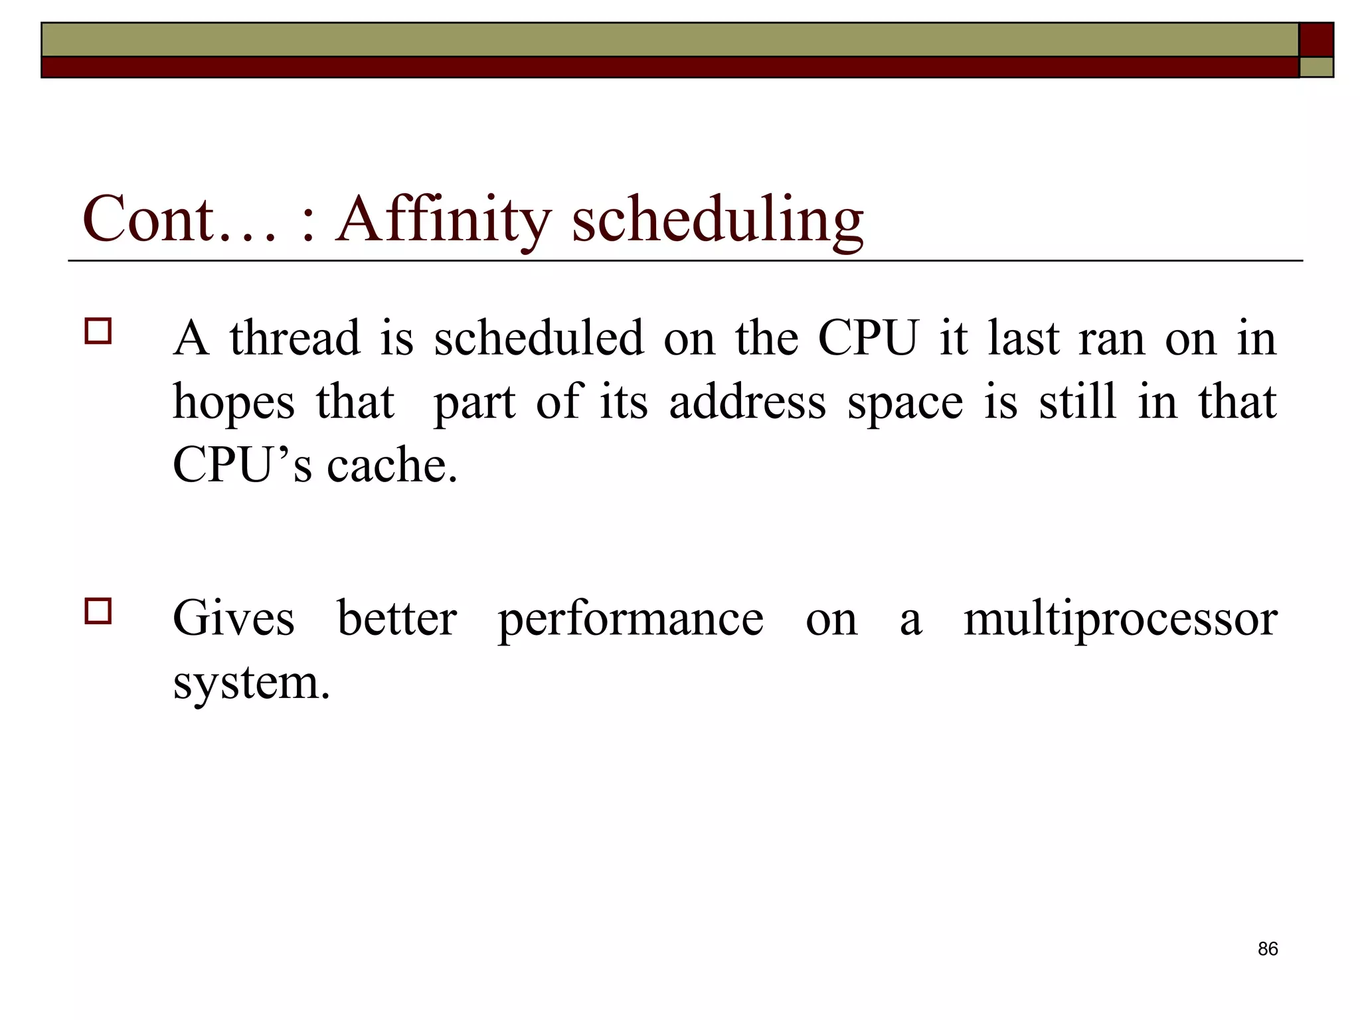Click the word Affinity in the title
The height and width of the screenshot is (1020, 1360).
coord(444,219)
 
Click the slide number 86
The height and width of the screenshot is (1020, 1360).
coord(1267,949)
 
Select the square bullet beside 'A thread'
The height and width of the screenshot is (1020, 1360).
coord(98,330)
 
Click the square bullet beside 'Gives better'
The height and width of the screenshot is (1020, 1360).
coord(98,610)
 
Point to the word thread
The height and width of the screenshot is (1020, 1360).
coord(295,338)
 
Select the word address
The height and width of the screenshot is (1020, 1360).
coord(747,402)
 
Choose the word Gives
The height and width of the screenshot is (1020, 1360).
coord(233,618)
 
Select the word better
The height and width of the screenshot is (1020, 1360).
coord(396,618)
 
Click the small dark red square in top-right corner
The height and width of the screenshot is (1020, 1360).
coord(1316,39)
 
